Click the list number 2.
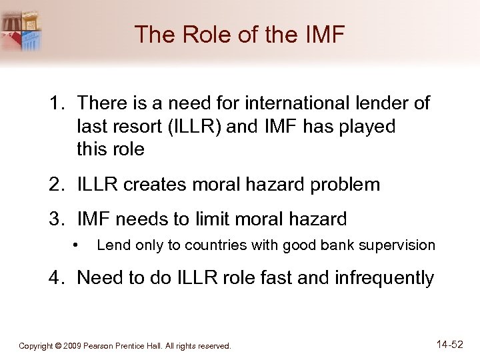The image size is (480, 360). click(x=53, y=185)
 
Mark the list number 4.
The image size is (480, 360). click(x=53, y=277)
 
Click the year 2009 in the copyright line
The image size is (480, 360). click(x=73, y=346)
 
